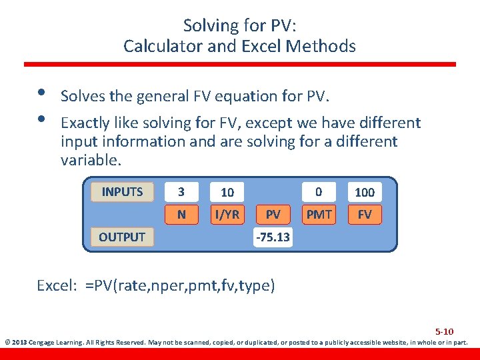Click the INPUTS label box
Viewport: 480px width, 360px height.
point(122,192)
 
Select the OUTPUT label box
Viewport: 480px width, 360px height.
point(122,237)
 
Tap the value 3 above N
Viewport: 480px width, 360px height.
point(181,192)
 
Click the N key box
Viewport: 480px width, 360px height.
point(181,215)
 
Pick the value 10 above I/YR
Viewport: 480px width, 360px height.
point(227,192)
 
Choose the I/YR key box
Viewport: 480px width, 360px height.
point(227,215)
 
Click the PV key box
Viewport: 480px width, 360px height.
point(273,215)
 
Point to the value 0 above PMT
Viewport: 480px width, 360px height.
point(319,192)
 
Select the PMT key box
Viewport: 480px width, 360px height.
point(319,215)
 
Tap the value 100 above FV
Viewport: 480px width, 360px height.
point(365,192)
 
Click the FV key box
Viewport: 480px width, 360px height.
point(365,215)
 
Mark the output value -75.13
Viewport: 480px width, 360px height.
point(273,237)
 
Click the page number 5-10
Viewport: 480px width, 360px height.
point(444,331)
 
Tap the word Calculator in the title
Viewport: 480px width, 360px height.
point(157,46)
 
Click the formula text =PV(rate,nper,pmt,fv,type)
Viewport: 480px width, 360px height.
point(180,286)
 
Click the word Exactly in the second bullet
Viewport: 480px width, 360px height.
point(83,123)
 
